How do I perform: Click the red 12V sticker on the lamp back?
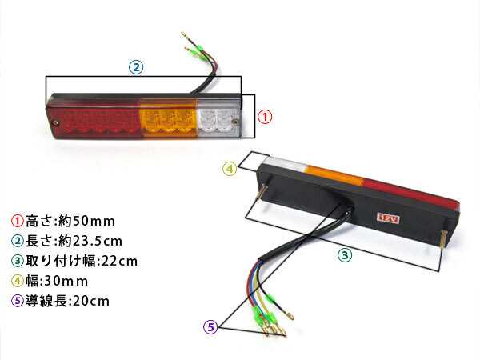(388, 218)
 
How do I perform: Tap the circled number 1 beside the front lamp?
(265, 117)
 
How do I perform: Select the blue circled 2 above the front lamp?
(136, 67)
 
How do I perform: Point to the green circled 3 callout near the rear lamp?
(345, 255)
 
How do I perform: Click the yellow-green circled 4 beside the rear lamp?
(230, 169)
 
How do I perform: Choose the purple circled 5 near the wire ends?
(210, 327)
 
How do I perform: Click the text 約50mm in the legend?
(86, 221)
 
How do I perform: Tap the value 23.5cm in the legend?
(97, 242)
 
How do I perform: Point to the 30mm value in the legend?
(66, 281)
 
